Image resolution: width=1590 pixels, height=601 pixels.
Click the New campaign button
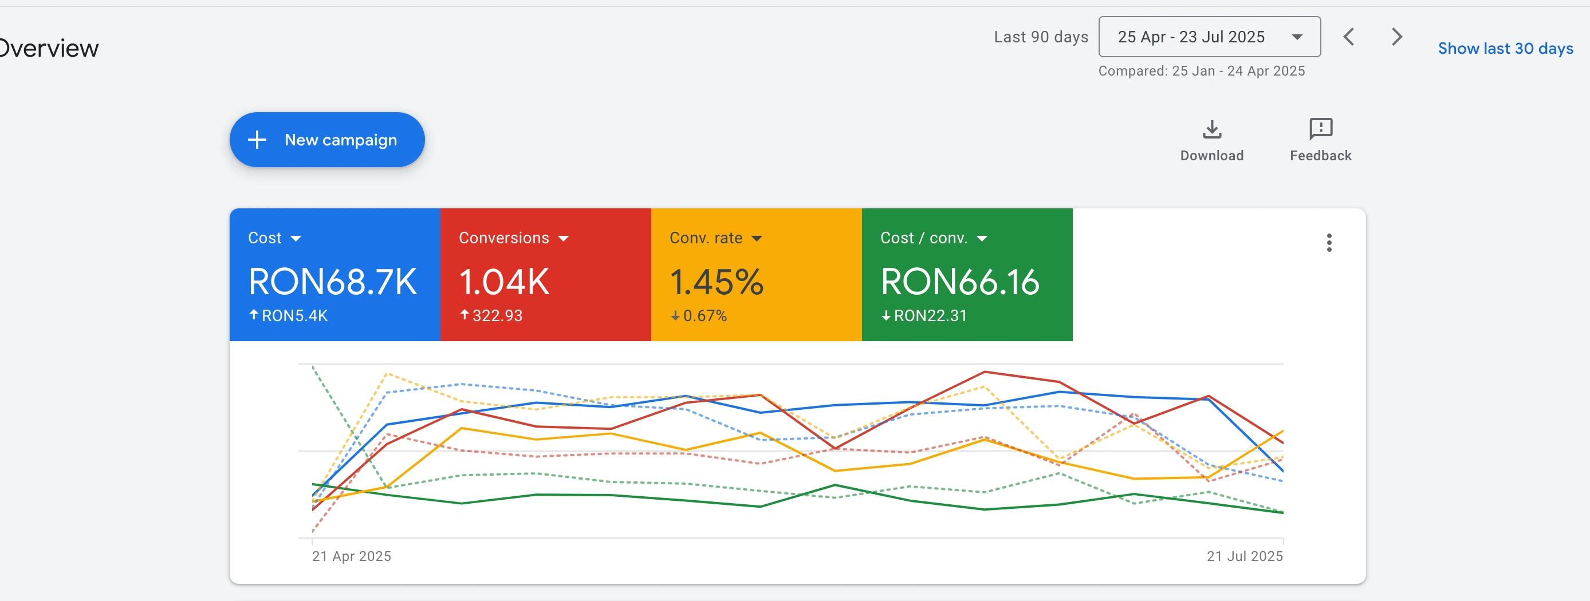click(x=326, y=140)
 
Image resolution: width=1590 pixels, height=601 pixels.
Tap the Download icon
click(x=1211, y=129)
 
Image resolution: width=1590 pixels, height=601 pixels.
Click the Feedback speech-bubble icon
click(x=1320, y=129)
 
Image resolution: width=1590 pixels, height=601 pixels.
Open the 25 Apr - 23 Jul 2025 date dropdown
click(x=1209, y=37)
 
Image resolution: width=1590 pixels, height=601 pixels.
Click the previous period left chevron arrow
click(x=1349, y=37)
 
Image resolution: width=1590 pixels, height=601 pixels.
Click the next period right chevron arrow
click(x=1397, y=37)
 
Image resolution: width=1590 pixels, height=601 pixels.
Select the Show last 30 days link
click(x=1505, y=48)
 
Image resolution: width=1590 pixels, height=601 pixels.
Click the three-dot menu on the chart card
click(x=1329, y=243)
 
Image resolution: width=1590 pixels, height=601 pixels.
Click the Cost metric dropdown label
click(x=274, y=238)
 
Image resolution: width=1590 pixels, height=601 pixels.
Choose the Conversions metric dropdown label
click(x=513, y=238)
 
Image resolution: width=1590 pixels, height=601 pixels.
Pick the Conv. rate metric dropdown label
click(x=715, y=238)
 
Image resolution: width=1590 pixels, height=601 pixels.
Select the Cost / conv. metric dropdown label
click(x=933, y=238)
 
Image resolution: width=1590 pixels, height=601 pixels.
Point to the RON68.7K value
click(x=332, y=282)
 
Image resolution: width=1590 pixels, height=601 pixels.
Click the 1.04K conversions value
click(x=503, y=282)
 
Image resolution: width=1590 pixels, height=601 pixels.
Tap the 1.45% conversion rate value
click(x=716, y=282)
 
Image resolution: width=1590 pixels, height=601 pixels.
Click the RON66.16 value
click(x=959, y=282)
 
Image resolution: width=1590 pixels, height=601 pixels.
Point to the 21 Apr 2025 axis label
click(x=351, y=556)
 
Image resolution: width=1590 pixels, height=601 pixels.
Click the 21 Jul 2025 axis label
click(x=1245, y=556)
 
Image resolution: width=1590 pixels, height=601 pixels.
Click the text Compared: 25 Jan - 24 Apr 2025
click(x=1201, y=71)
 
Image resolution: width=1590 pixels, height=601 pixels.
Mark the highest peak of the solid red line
click(x=985, y=371)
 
